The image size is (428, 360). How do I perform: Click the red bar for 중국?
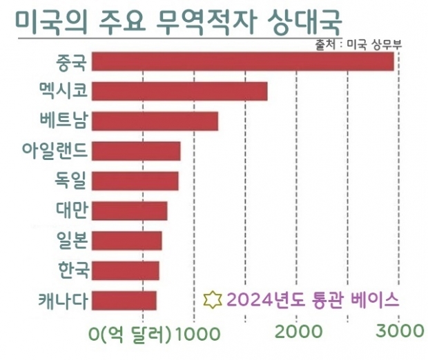click(242, 61)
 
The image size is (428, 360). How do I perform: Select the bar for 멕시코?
click(179, 91)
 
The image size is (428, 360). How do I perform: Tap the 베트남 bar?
click(155, 121)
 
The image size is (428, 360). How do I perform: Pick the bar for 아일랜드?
click(136, 151)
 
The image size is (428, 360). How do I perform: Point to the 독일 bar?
click(135, 181)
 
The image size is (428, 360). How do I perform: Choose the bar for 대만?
click(129, 210)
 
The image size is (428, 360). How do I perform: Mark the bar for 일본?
click(126, 241)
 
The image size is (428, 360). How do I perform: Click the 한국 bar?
click(125, 270)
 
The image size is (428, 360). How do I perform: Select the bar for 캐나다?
click(124, 301)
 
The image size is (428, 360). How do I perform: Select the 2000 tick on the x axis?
click(299, 332)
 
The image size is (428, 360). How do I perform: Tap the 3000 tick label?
click(400, 332)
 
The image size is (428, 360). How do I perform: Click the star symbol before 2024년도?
click(213, 300)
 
